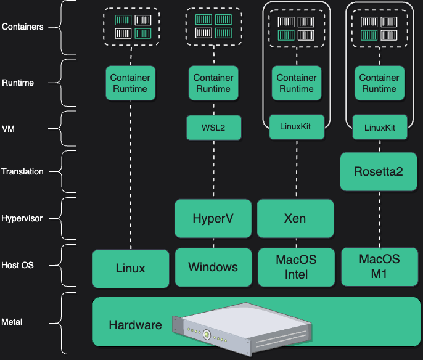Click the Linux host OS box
(130, 268)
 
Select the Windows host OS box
(213, 268)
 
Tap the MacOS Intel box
(296, 268)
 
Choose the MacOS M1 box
(379, 266)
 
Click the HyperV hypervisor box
(213, 218)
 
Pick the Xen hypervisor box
(295, 218)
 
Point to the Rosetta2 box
(379, 171)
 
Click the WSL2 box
(213, 128)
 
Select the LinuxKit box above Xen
(296, 128)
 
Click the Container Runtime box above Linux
(129, 83)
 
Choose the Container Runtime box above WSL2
(213, 83)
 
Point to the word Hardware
(135, 325)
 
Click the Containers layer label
(23, 27)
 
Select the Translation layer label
(23, 171)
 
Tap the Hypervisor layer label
(23, 218)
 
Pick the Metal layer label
(13, 322)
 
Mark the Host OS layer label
(18, 265)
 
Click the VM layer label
(9, 129)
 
